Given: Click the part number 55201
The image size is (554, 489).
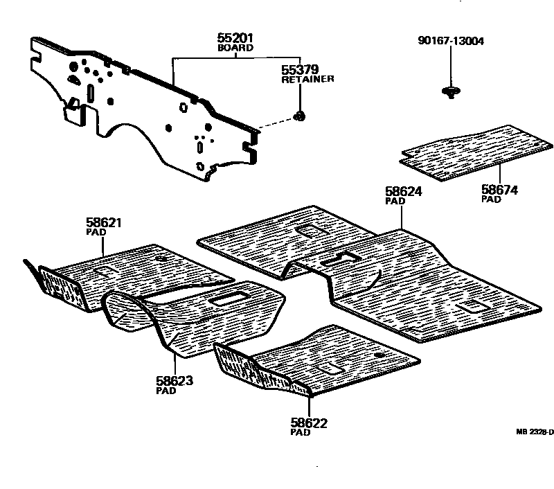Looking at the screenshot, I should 235,39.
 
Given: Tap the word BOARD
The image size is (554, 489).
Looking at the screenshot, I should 235,48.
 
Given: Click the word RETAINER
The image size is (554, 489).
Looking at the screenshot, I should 307,80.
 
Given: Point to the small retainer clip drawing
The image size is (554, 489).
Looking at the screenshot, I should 300,116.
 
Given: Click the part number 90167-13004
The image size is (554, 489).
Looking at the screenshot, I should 451,41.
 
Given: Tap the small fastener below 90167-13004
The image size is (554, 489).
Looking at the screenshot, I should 451,91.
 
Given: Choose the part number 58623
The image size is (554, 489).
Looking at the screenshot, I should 175,380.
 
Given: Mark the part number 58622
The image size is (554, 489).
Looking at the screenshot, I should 309,423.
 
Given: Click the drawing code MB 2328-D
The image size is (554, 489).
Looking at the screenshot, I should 535,432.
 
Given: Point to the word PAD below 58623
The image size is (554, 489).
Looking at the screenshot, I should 166,391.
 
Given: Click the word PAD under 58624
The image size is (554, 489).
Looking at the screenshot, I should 393,201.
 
